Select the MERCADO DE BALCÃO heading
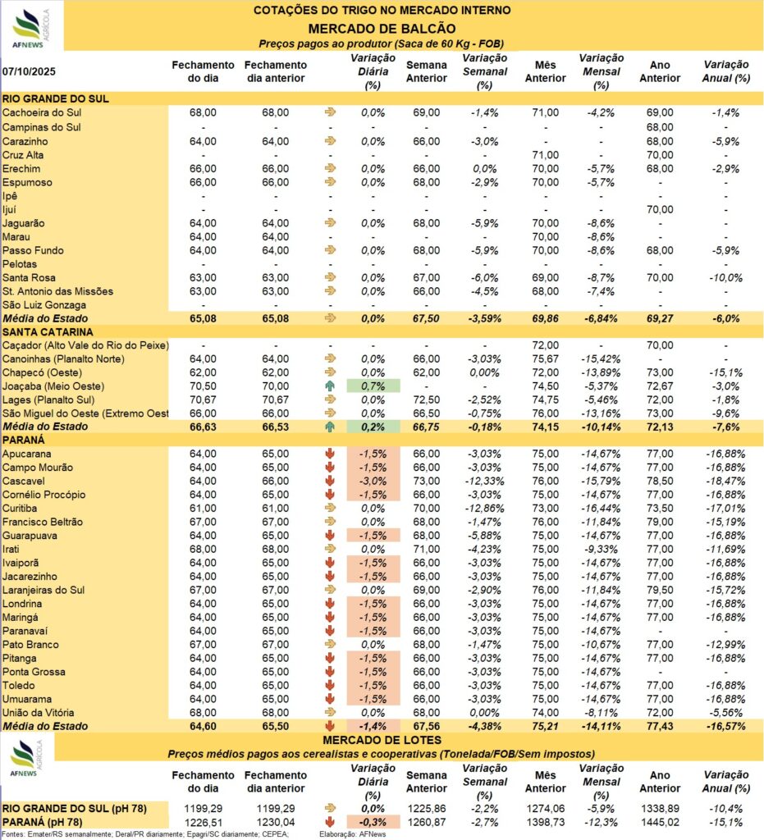click(x=382, y=26)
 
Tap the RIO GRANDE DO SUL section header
click(x=57, y=98)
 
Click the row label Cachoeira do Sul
click(x=43, y=112)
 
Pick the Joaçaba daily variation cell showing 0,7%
click(x=373, y=386)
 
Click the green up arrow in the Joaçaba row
click(x=331, y=386)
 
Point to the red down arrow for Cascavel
click(x=331, y=482)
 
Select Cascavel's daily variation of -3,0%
click(x=373, y=482)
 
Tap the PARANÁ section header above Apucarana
click(x=26, y=441)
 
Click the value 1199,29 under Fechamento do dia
click(x=195, y=809)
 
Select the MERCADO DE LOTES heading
click(x=382, y=741)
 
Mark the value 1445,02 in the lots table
click(x=660, y=822)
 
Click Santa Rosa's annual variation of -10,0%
click(x=726, y=277)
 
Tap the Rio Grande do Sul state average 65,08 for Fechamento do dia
click(x=195, y=317)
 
